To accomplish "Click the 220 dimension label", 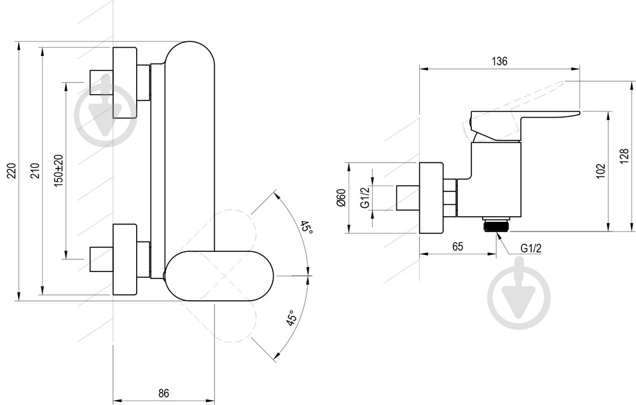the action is [12, 170].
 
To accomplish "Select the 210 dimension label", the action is [36, 170].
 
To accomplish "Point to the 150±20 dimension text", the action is [59, 170].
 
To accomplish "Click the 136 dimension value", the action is [499, 61].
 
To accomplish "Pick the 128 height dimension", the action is [625, 156].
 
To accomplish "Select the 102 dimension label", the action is [601, 170].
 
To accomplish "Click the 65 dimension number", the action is [457, 247].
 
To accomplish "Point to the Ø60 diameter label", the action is [341, 198].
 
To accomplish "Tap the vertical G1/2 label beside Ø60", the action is [366, 198].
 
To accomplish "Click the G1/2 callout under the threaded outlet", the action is [531, 248].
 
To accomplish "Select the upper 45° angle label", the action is [307, 228].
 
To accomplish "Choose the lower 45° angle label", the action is [291, 318].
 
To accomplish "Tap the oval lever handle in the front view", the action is [219, 276].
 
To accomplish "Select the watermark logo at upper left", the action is [106, 114].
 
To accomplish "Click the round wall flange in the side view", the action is [431, 198].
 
